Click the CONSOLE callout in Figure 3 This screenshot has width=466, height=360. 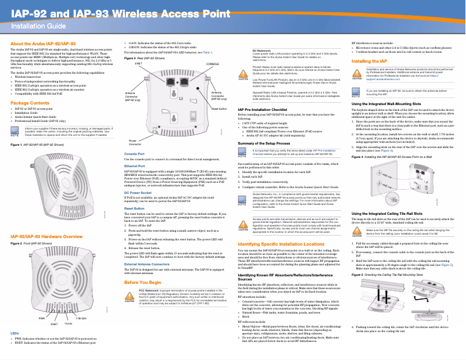(213, 63)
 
